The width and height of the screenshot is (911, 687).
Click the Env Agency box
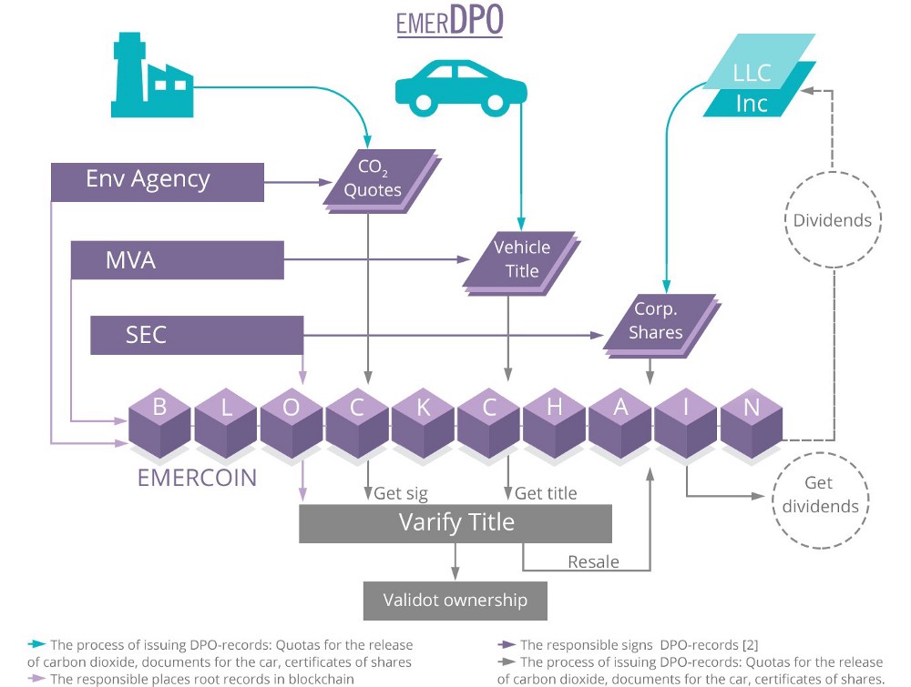pos(158,179)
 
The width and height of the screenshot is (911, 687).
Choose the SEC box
pos(197,335)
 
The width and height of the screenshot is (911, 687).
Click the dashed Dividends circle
pos(832,220)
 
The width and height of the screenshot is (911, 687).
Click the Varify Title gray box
pos(455,523)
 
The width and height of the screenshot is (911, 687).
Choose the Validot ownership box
pos(455,601)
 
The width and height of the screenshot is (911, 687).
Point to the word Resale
pos(593,561)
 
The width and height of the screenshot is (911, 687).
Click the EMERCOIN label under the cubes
pos(197,478)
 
